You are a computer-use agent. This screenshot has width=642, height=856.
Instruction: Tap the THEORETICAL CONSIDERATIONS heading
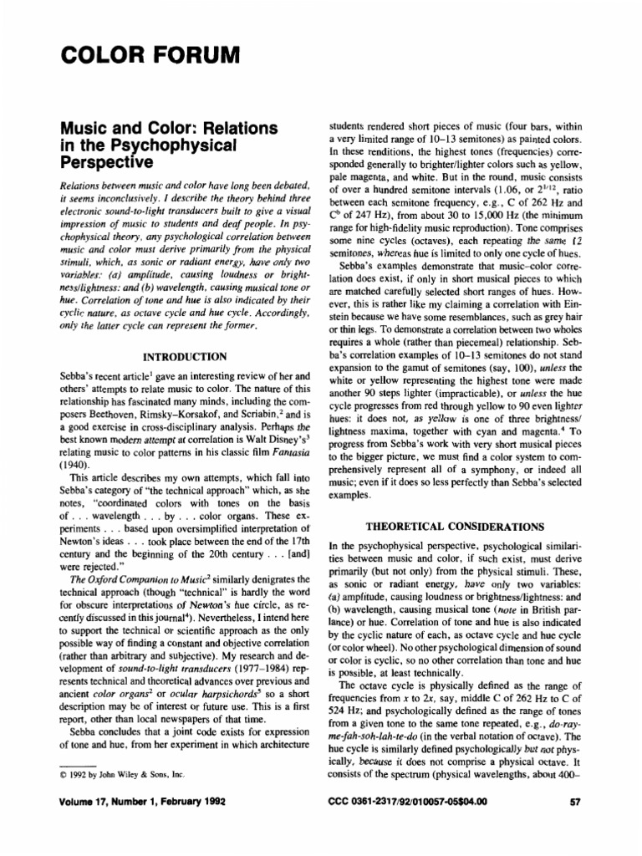(x=455, y=527)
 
